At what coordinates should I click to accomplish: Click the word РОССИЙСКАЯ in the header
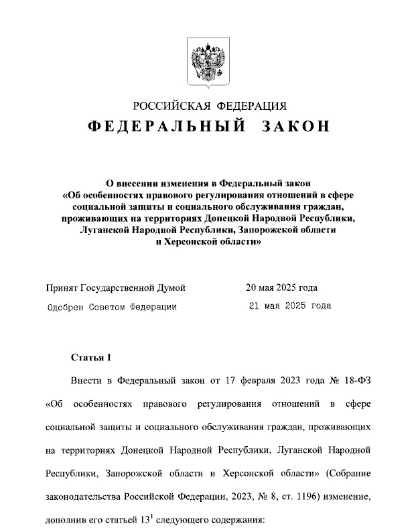click(x=171, y=106)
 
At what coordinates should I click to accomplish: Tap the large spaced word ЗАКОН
click(x=289, y=127)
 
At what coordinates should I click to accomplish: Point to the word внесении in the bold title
click(x=142, y=182)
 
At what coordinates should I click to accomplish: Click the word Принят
click(x=62, y=288)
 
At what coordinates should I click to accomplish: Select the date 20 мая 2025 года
click(x=281, y=288)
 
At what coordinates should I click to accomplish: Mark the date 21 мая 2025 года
click(x=289, y=307)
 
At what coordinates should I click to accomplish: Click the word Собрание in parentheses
click(x=347, y=474)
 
